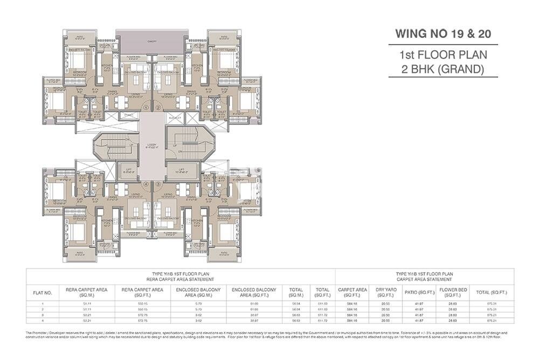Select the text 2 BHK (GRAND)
coord(442,69)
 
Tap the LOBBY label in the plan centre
coord(151,145)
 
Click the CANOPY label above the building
coord(151,41)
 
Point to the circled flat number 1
coord(146,108)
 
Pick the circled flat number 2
coord(158,108)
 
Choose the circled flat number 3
coord(158,184)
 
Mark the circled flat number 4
coord(146,184)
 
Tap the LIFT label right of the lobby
coord(178,170)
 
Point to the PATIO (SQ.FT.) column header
coord(415,292)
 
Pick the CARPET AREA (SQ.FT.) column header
coord(353,292)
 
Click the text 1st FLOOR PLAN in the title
coord(443,55)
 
